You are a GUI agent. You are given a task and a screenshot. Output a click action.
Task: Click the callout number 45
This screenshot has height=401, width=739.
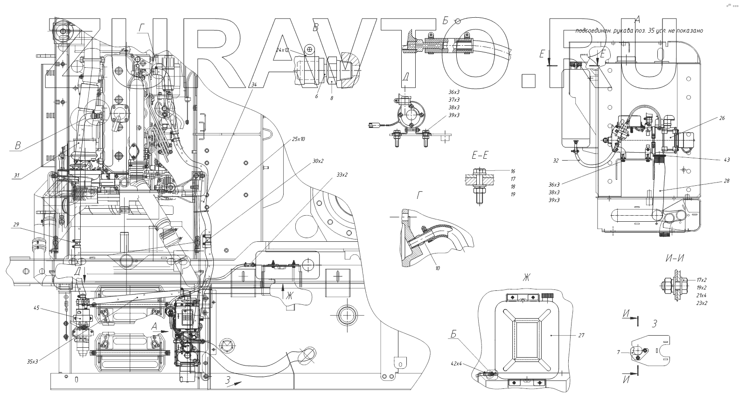(36, 308)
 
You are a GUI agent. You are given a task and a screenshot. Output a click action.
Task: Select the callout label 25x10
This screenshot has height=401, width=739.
(298, 140)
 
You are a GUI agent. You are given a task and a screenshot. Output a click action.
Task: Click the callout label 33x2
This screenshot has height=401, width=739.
(342, 175)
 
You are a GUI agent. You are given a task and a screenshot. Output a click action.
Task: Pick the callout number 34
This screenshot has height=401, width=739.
(254, 84)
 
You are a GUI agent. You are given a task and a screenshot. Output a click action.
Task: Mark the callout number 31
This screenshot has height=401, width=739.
(17, 176)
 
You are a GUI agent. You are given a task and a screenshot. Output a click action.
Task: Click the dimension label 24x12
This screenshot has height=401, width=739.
(283, 49)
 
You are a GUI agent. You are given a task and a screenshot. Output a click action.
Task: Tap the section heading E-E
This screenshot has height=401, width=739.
(480, 155)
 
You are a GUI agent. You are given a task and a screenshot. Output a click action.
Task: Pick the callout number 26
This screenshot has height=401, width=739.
(722, 118)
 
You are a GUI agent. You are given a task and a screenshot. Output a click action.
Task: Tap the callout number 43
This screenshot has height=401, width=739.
(726, 160)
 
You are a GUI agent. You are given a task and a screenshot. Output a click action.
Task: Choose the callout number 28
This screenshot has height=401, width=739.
(726, 181)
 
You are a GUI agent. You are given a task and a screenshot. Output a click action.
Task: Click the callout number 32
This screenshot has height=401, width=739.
(556, 160)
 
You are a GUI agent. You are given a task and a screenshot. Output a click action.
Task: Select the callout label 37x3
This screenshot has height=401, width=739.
(454, 100)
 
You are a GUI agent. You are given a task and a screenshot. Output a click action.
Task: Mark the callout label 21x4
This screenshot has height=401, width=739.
(701, 295)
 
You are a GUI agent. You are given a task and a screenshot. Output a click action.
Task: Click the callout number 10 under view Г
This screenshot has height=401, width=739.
(437, 268)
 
